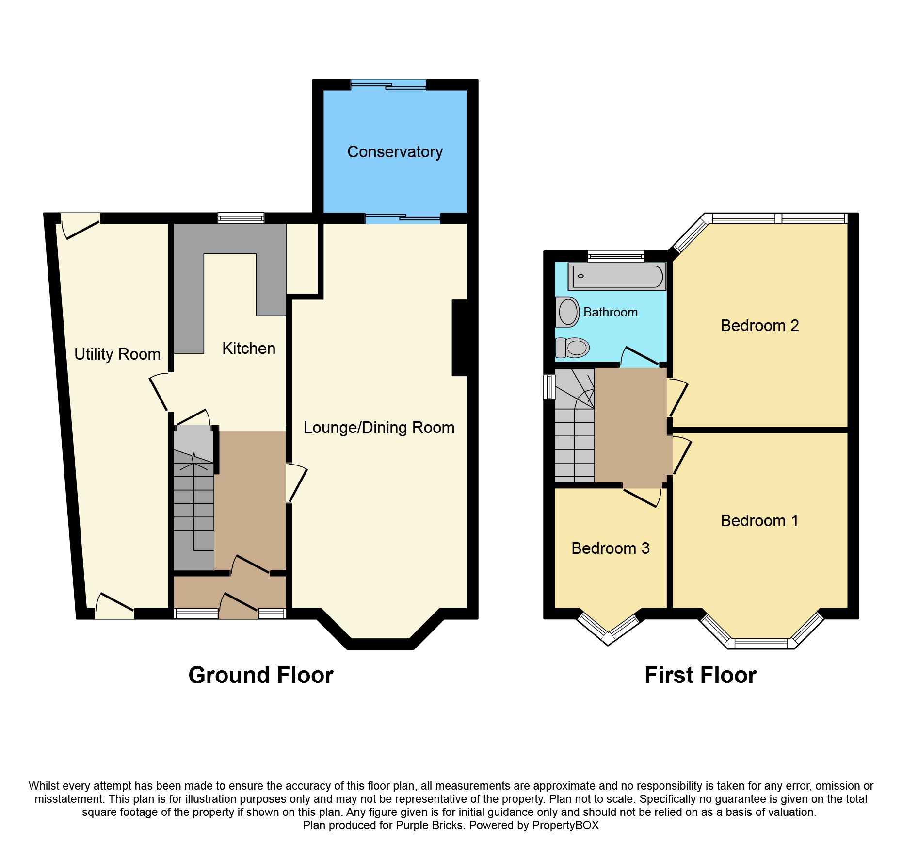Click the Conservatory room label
(395, 152)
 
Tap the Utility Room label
(117, 354)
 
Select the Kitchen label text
(249, 349)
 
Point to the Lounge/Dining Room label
(379, 428)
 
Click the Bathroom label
(611, 312)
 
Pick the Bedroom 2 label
(760, 325)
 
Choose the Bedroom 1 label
(759, 521)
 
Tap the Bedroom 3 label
(611, 548)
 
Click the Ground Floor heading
(261, 675)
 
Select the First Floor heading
(700, 675)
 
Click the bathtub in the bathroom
(617, 277)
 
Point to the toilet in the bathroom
(572, 348)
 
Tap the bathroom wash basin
(567, 312)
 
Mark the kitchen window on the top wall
(241, 218)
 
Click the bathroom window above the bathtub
(616, 256)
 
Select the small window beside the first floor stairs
(549, 387)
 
